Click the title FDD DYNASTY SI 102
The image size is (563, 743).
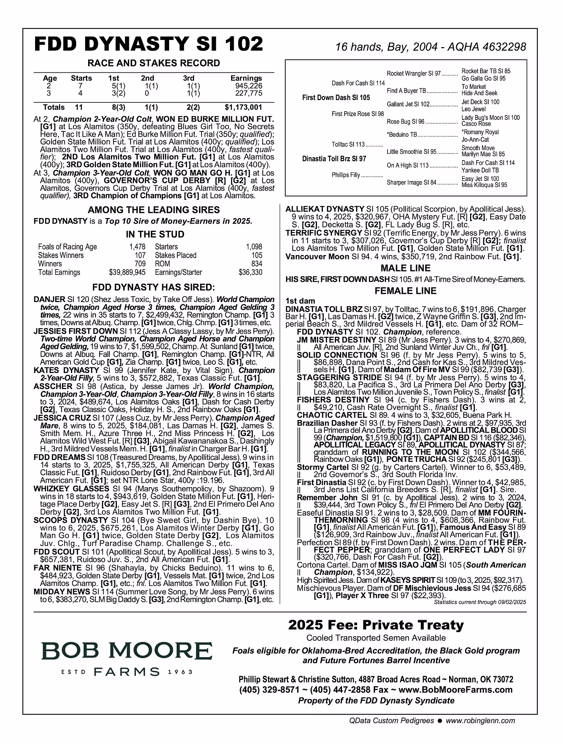click(x=149, y=44)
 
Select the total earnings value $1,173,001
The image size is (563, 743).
click(x=243, y=108)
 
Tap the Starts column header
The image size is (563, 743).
click(x=81, y=78)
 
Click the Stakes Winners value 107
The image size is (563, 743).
click(x=140, y=255)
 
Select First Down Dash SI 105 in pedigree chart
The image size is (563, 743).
click(x=336, y=98)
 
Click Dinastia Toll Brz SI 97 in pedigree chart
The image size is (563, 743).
click(x=334, y=159)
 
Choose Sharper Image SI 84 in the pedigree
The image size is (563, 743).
click(x=411, y=183)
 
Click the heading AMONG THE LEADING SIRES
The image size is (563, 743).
click(x=154, y=210)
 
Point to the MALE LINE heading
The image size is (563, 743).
click(x=405, y=268)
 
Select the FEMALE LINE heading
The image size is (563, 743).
click(x=405, y=291)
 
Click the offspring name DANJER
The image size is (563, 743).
click(x=49, y=299)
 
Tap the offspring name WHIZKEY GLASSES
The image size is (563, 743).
click(x=71, y=489)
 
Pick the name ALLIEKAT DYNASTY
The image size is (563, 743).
click(x=324, y=209)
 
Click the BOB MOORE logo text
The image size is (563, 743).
click(x=127, y=651)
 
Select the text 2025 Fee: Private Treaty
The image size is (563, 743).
click(x=376, y=625)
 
